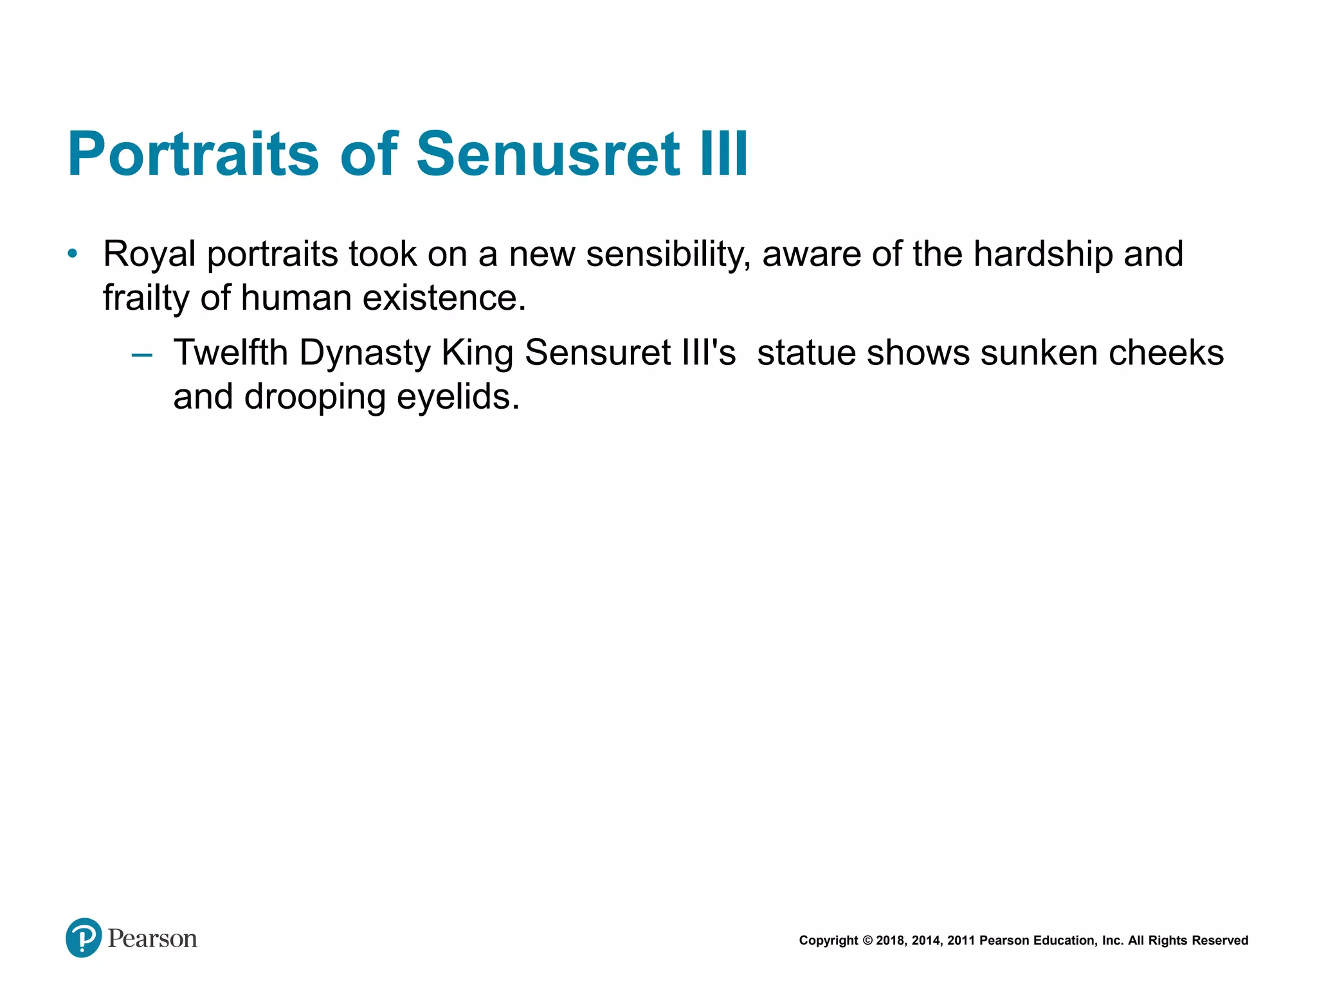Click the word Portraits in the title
[x=193, y=154]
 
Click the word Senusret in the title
[x=548, y=154]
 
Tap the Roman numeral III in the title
[x=724, y=154]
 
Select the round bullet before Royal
[x=73, y=254]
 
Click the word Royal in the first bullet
[x=149, y=254]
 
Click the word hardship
[x=1042, y=254]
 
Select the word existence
[x=444, y=298]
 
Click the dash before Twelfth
[x=141, y=354]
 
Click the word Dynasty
[x=365, y=354]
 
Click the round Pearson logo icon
[x=84, y=938]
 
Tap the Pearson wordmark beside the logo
[x=152, y=939]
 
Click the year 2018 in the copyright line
[x=890, y=941]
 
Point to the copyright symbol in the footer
[x=867, y=941]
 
